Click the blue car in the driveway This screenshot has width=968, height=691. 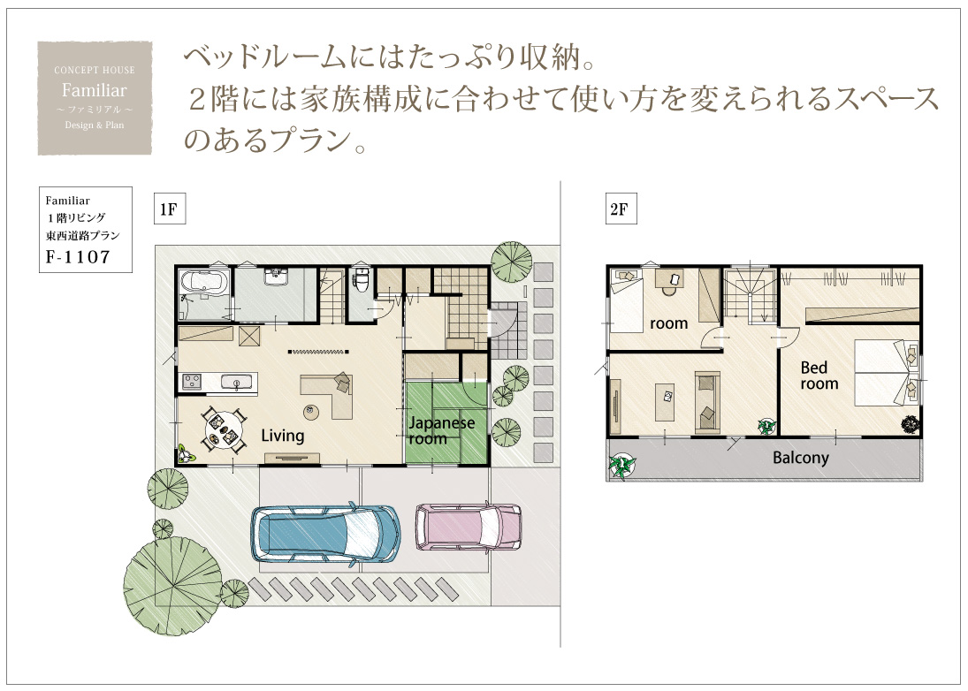pos(324,534)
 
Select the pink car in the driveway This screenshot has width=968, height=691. pos(469,526)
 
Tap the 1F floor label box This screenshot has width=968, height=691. pos(169,209)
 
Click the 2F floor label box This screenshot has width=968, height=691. pos(621,209)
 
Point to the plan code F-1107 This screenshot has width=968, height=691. pos(78,256)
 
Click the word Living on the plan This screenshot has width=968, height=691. pos(283,436)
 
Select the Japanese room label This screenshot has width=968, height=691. pos(441,430)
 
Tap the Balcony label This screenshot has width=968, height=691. pos(801,458)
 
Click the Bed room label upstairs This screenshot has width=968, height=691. pos(819,376)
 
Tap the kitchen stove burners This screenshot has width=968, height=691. pos(191,382)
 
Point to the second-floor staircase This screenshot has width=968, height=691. pos(750,295)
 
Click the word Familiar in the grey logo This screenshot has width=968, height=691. pos(95,91)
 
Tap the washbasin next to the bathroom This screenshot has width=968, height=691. pos(273,277)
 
